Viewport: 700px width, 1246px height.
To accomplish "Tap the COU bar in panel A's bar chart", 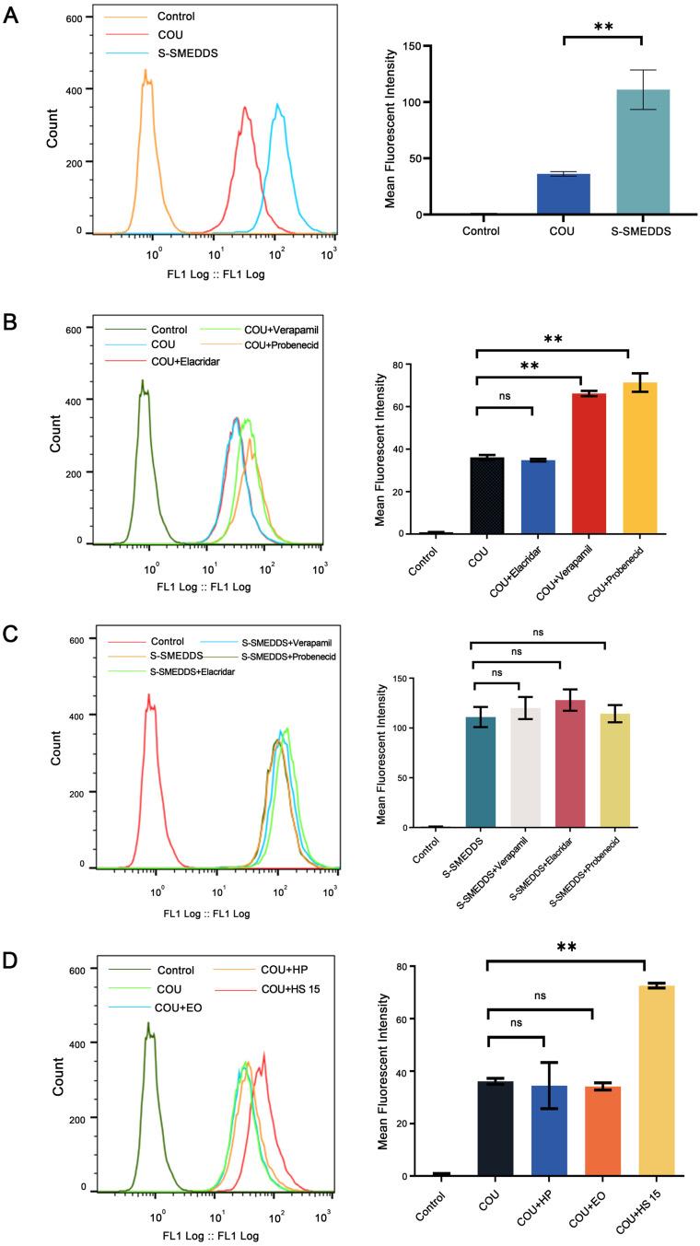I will (564, 194).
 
